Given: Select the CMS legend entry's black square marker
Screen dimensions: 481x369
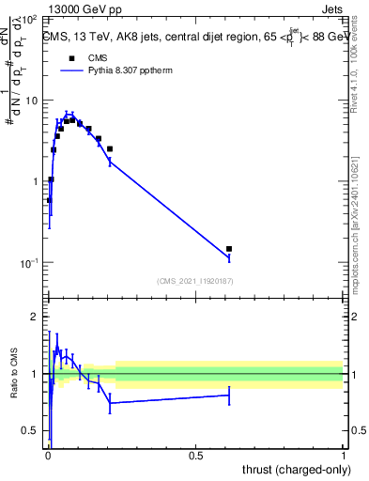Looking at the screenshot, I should [x=71, y=58].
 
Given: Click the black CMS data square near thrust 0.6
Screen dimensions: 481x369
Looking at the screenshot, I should [x=229, y=249].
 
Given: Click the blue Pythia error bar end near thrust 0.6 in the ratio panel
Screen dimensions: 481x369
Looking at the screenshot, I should [x=229, y=396].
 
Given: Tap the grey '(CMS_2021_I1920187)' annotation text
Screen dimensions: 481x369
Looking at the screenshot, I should [x=196, y=281].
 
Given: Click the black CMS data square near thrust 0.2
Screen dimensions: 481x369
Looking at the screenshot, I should [x=110, y=148].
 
